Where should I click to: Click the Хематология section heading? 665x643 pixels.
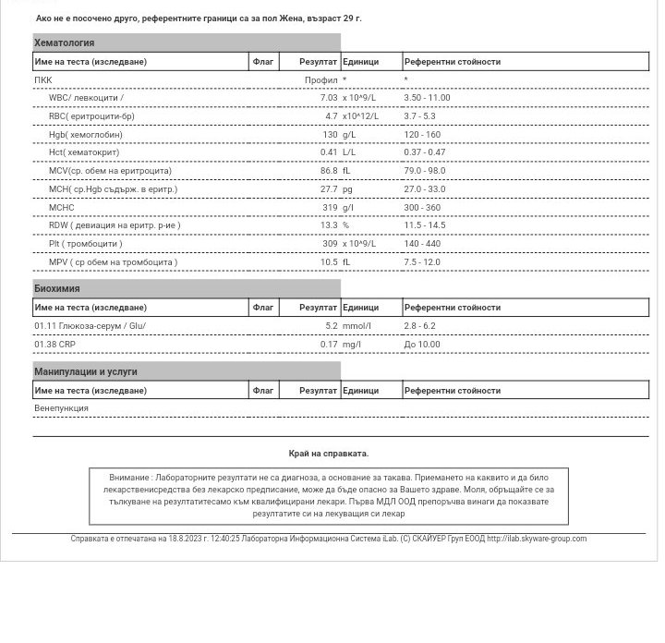(64, 42)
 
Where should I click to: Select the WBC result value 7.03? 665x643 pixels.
(328, 98)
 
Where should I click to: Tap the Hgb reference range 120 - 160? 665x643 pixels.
(422, 135)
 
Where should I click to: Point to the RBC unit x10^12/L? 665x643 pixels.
(360, 116)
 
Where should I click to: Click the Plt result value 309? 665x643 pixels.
(330, 244)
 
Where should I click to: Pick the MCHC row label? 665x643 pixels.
(62, 208)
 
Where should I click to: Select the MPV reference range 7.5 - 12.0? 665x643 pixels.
(422, 262)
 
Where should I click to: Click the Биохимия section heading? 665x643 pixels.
(56, 288)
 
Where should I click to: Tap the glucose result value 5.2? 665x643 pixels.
(331, 326)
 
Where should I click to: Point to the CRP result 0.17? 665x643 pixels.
(329, 345)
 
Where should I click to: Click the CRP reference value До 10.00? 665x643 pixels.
(422, 345)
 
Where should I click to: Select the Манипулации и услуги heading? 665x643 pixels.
(85, 371)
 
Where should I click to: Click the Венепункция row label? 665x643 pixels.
(61, 408)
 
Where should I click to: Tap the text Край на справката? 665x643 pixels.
(328, 454)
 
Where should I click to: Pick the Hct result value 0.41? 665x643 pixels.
(329, 152)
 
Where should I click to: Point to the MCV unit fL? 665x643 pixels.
(346, 171)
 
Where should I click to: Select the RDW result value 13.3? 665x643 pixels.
(329, 225)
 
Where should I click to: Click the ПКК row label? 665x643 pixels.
(43, 80)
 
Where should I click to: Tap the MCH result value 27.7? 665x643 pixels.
(329, 189)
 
